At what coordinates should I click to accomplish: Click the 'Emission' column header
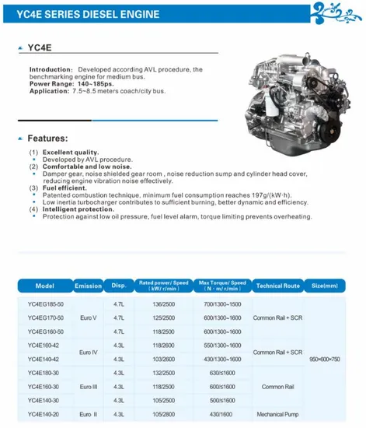click(89, 286)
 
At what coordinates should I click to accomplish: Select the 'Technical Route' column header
click(277, 286)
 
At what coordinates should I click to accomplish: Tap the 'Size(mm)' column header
click(324, 286)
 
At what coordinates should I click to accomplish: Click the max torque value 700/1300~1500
click(222, 303)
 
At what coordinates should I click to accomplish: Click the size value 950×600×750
click(324, 359)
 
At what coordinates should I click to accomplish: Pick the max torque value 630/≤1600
click(222, 373)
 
